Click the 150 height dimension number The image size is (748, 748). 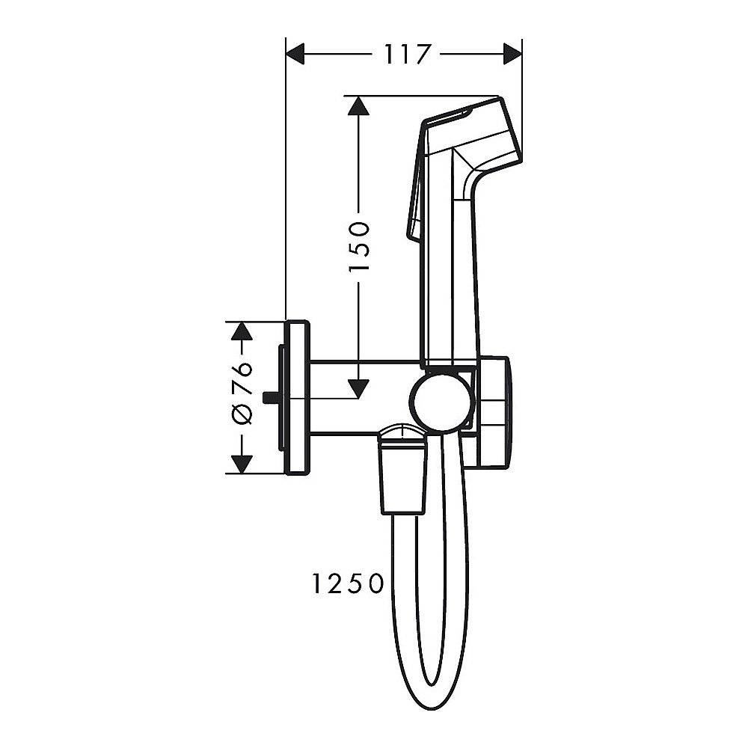[360, 246]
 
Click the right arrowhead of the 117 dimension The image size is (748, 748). [512, 54]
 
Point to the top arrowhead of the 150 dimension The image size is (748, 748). [360, 105]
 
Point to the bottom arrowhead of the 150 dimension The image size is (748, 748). [360, 387]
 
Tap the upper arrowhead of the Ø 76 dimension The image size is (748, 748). [241, 332]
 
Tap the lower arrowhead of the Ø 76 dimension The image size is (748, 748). [241, 464]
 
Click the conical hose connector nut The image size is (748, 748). [404, 475]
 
